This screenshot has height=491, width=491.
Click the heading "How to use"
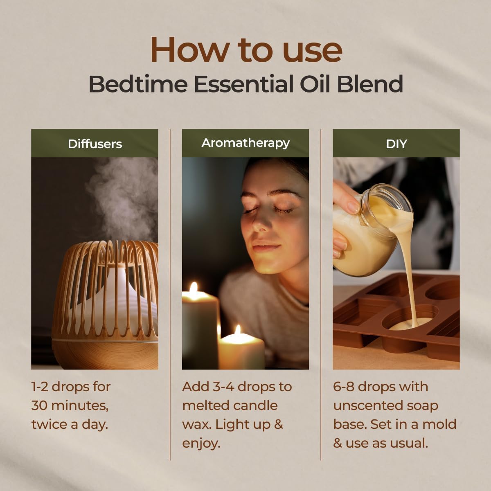pos(246,50)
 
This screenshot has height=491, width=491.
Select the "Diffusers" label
pos(95,144)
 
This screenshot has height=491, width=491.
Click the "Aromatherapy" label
pos(245,143)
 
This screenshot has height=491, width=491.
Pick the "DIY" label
pos(396,144)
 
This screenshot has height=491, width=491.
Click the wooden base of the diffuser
pos(104,354)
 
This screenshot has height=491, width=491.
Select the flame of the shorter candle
pos(237,329)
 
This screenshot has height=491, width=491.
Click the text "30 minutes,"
pos(70,405)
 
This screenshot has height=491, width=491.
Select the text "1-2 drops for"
pos(71,387)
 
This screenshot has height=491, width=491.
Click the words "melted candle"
pos(230,405)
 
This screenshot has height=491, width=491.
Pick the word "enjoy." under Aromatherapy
pos(201,443)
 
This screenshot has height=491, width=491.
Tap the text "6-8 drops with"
pos(381,387)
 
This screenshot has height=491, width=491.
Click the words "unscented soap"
pos(385,405)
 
